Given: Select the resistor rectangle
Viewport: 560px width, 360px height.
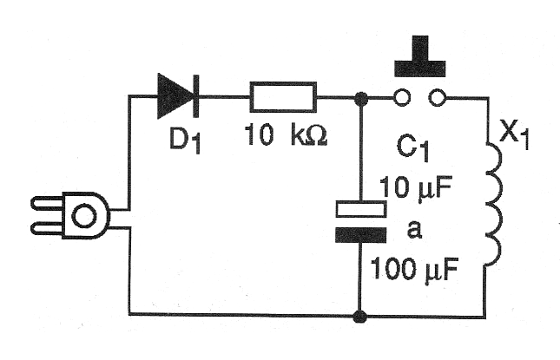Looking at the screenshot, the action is click(x=283, y=96).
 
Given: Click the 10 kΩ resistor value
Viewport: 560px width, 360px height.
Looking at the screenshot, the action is click(x=286, y=134).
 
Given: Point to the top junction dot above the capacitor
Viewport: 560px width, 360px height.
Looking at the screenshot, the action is click(x=362, y=98).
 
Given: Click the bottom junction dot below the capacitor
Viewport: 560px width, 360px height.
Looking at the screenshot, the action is click(x=359, y=317).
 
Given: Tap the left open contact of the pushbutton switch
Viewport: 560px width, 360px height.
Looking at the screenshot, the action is click(x=402, y=96).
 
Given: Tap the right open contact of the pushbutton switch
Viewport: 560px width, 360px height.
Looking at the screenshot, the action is click(x=437, y=96).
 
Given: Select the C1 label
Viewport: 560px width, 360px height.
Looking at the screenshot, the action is click(x=413, y=149).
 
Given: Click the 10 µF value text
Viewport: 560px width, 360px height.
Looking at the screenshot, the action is click(x=415, y=187).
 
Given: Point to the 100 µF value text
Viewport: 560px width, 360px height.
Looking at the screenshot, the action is click(x=414, y=270).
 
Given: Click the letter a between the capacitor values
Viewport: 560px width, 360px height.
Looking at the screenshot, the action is click(x=414, y=230).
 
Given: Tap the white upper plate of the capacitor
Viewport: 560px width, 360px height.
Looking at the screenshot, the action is click(x=360, y=209).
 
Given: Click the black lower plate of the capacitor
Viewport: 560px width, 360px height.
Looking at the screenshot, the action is click(x=360, y=235).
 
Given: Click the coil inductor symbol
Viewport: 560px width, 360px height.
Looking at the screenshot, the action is click(x=494, y=204).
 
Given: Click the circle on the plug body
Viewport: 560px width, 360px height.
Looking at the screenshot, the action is click(x=84, y=216).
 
